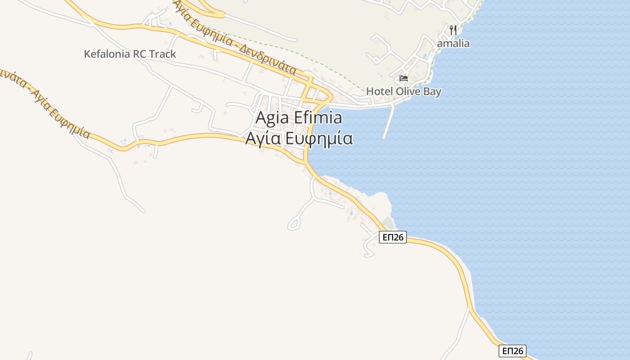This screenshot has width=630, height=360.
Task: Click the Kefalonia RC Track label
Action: (x=130, y=54)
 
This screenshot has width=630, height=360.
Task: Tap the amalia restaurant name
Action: (x=453, y=44)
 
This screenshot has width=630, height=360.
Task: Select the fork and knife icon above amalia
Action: (x=453, y=30)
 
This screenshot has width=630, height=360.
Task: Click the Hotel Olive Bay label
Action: (x=404, y=91)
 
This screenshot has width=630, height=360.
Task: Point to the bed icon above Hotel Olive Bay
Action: (x=404, y=78)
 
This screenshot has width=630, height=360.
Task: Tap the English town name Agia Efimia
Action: (x=299, y=118)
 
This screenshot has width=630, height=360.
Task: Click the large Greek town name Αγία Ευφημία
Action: (x=299, y=139)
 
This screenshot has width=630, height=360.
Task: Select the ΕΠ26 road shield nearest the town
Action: (x=393, y=237)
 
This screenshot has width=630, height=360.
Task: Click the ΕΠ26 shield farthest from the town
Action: (x=513, y=351)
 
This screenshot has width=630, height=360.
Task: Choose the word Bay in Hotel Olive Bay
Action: (x=432, y=91)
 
